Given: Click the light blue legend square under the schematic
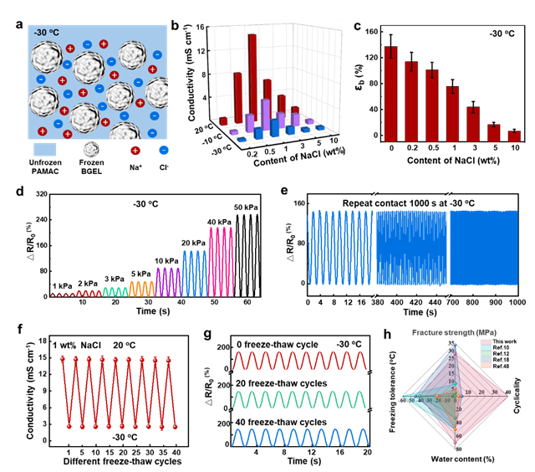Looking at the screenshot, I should pos(45,150).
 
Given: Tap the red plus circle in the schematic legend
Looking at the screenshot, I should pos(135,150).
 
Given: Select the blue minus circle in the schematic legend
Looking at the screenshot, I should pos(164,150).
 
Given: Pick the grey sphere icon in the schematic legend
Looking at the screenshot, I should pos(91,150).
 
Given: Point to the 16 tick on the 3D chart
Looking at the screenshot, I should pos(201,27).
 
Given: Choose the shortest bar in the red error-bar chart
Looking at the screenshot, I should pos(514,136).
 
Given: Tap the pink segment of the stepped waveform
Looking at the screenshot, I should pos(222,259).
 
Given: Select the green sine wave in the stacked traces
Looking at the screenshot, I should pos(299,399).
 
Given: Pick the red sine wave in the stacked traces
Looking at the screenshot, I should pos(299,361).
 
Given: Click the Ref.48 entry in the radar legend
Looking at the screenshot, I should pos(498,367).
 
